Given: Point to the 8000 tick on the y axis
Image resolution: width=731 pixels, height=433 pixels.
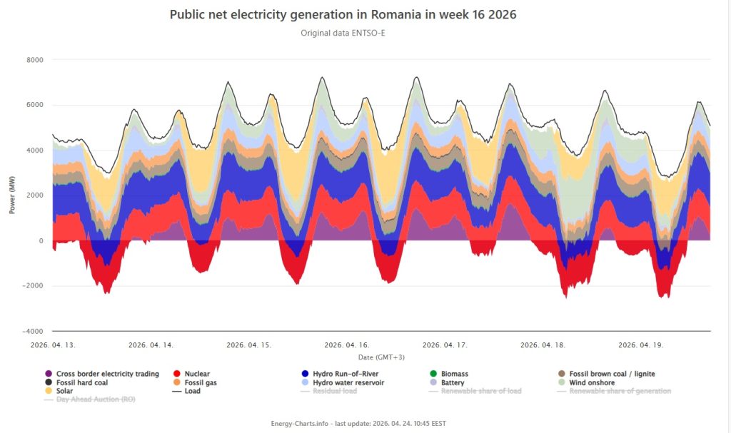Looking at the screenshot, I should coord(34,60).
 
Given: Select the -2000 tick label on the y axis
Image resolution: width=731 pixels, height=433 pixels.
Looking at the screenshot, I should coord(32,286).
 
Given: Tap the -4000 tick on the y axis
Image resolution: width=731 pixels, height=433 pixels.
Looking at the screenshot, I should coord(32,332).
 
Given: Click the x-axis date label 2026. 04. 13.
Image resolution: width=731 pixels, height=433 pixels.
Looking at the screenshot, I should coord(54,345).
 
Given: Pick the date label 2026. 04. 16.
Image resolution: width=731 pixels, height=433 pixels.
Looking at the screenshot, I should coord(348,345).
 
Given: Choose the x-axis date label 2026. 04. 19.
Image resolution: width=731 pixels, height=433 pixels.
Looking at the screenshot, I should coord(641,345).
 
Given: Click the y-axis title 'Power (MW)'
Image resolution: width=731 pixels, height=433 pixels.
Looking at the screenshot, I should coord(12,195).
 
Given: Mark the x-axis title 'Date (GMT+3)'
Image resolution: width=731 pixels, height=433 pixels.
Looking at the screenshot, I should coord(380,356).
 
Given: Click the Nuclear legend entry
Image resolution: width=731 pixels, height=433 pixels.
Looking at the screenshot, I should coord(196,374).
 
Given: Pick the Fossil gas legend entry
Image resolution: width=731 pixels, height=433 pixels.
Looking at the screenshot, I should coord(200,382).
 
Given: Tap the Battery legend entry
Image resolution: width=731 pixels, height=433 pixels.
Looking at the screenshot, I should coord(452,382).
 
